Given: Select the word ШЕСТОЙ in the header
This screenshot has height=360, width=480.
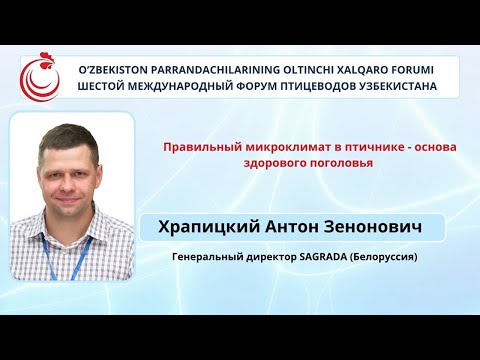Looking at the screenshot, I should click(x=106, y=86).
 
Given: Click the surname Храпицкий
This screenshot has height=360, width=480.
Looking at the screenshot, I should click(x=210, y=228).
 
